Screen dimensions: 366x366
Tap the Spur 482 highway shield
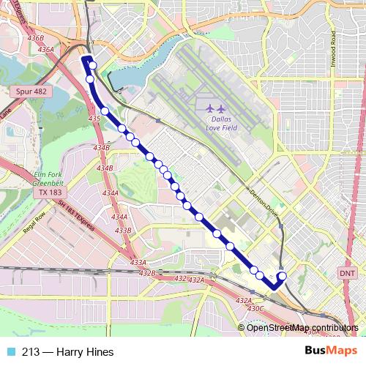pyautogui.click(x=31, y=91)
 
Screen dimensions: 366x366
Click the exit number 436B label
pyautogui.click(x=35, y=37)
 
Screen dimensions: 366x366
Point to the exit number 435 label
pyautogui.click(x=94, y=118)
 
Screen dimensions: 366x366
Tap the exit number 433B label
pyautogui.click(x=123, y=231)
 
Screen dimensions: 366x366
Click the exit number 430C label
pyautogui.click(x=255, y=308)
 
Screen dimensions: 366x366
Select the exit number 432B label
pyautogui.click(x=147, y=273)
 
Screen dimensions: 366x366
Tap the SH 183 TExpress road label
pyautogui.click(x=76, y=216)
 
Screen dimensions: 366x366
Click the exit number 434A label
pyautogui.click(x=111, y=193)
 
